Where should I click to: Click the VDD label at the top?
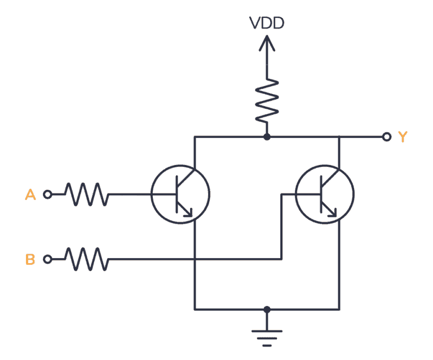[x=267, y=23]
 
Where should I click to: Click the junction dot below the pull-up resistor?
[x=267, y=137]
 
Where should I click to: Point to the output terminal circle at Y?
[x=386, y=137]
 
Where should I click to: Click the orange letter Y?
[x=402, y=137]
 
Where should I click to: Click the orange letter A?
[x=30, y=195]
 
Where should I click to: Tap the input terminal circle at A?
[x=48, y=195]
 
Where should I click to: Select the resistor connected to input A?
[x=86, y=195]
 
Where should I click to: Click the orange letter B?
[x=30, y=260]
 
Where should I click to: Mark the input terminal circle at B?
[x=48, y=260]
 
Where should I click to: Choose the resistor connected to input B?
[x=86, y=260]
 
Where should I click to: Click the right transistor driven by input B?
[x=325, y=195]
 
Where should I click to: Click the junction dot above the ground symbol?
[x=267, y=309]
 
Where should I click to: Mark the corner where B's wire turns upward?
[x=281, y=260]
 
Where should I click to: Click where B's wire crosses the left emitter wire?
[x=195, y=260]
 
